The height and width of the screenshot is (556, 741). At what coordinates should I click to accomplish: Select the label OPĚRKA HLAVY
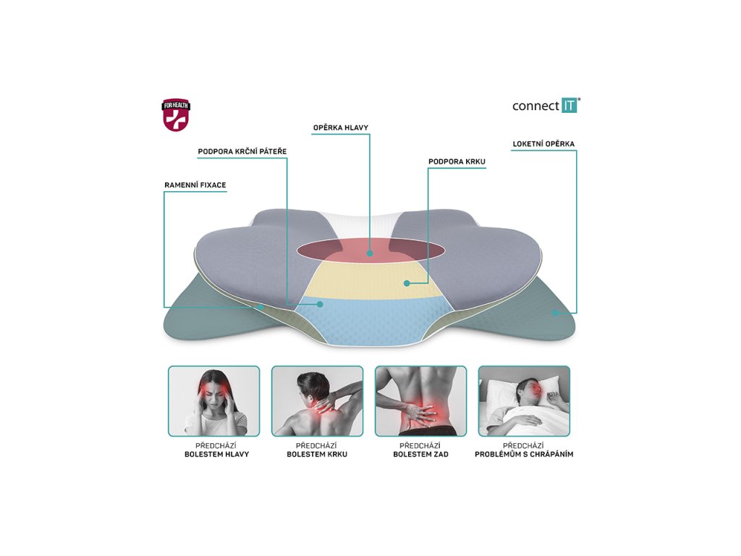point(340,128)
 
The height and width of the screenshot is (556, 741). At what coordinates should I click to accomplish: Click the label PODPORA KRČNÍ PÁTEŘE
point(242,151)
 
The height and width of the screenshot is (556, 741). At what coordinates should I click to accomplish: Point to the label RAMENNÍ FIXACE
point(195,185)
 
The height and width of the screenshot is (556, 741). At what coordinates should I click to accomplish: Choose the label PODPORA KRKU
point(457,161)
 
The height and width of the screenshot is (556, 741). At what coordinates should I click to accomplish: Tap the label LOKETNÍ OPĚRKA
point(543,144)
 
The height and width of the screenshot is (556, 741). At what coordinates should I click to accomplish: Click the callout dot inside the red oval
point(370,253)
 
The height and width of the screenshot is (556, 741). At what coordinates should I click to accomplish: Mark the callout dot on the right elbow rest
point(555,313)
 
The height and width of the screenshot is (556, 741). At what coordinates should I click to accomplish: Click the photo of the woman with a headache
point(213,401)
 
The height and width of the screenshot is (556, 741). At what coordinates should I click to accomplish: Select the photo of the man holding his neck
point(317,401)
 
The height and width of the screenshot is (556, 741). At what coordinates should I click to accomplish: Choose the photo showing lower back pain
point(420,401)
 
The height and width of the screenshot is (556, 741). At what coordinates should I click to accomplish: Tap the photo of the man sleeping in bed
point(524,401)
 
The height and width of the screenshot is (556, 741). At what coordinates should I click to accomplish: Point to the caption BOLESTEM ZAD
point(420,455)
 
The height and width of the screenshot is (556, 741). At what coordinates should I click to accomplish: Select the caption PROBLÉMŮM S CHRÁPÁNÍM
point(524,455)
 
